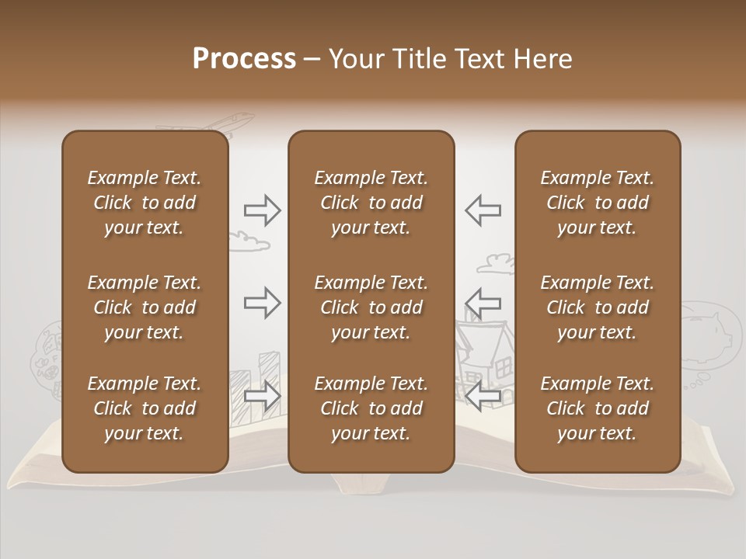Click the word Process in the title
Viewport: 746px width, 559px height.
point(244,59)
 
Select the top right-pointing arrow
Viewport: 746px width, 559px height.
point(262,210)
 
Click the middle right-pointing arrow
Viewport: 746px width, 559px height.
point(262,302)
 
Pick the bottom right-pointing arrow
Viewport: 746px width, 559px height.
point(262,396)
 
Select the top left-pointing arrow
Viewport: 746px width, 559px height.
point(483,210)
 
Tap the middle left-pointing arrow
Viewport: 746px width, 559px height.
point(483,302)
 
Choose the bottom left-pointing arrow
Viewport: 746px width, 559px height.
point(483,396)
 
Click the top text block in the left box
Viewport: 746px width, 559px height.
point(145,203)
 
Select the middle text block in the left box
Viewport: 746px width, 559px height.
point(145,307)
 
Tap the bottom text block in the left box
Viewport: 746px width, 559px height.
point(145,408)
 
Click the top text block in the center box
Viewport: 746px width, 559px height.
point(371,203)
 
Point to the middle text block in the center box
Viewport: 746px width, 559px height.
point(371,307)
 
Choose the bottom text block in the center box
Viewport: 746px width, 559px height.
point(371,408)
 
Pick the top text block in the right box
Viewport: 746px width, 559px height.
point(597,203)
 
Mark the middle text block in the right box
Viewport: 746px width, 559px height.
point(597,307)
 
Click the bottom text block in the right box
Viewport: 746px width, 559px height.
point(597,408)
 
